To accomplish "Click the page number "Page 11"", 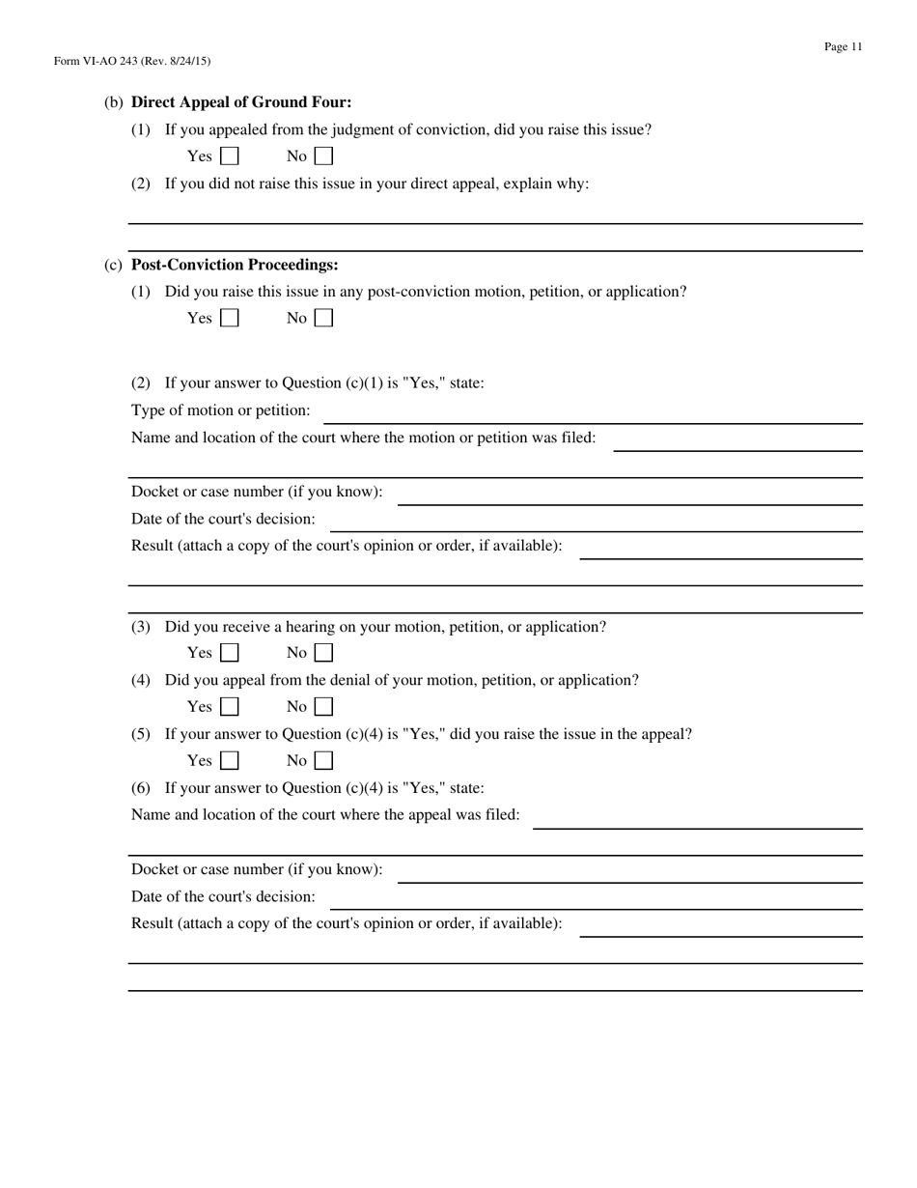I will tap(843, 46).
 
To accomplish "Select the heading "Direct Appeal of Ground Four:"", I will tap(241, 102).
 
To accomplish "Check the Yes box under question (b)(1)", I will tap(230, 156).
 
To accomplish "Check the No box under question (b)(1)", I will tap(324, 156).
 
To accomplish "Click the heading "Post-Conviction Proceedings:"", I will tap(235, 265).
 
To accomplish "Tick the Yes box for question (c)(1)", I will tap(230, 318).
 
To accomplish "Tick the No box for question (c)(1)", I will tap(324, 318).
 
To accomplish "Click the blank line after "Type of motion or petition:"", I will tap(592, 413).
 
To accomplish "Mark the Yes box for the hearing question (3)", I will tap(230, 653).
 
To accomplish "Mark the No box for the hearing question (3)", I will tap(324, 653).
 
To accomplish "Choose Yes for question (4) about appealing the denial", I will tap(230, 707).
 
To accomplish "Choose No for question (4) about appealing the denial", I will tap(324, 707).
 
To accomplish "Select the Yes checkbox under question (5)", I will tap(230, 761).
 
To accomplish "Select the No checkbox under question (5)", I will tap(324, 761).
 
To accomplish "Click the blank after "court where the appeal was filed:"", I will tap(697, 818).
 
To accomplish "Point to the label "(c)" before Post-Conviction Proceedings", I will tap(113, 265).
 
